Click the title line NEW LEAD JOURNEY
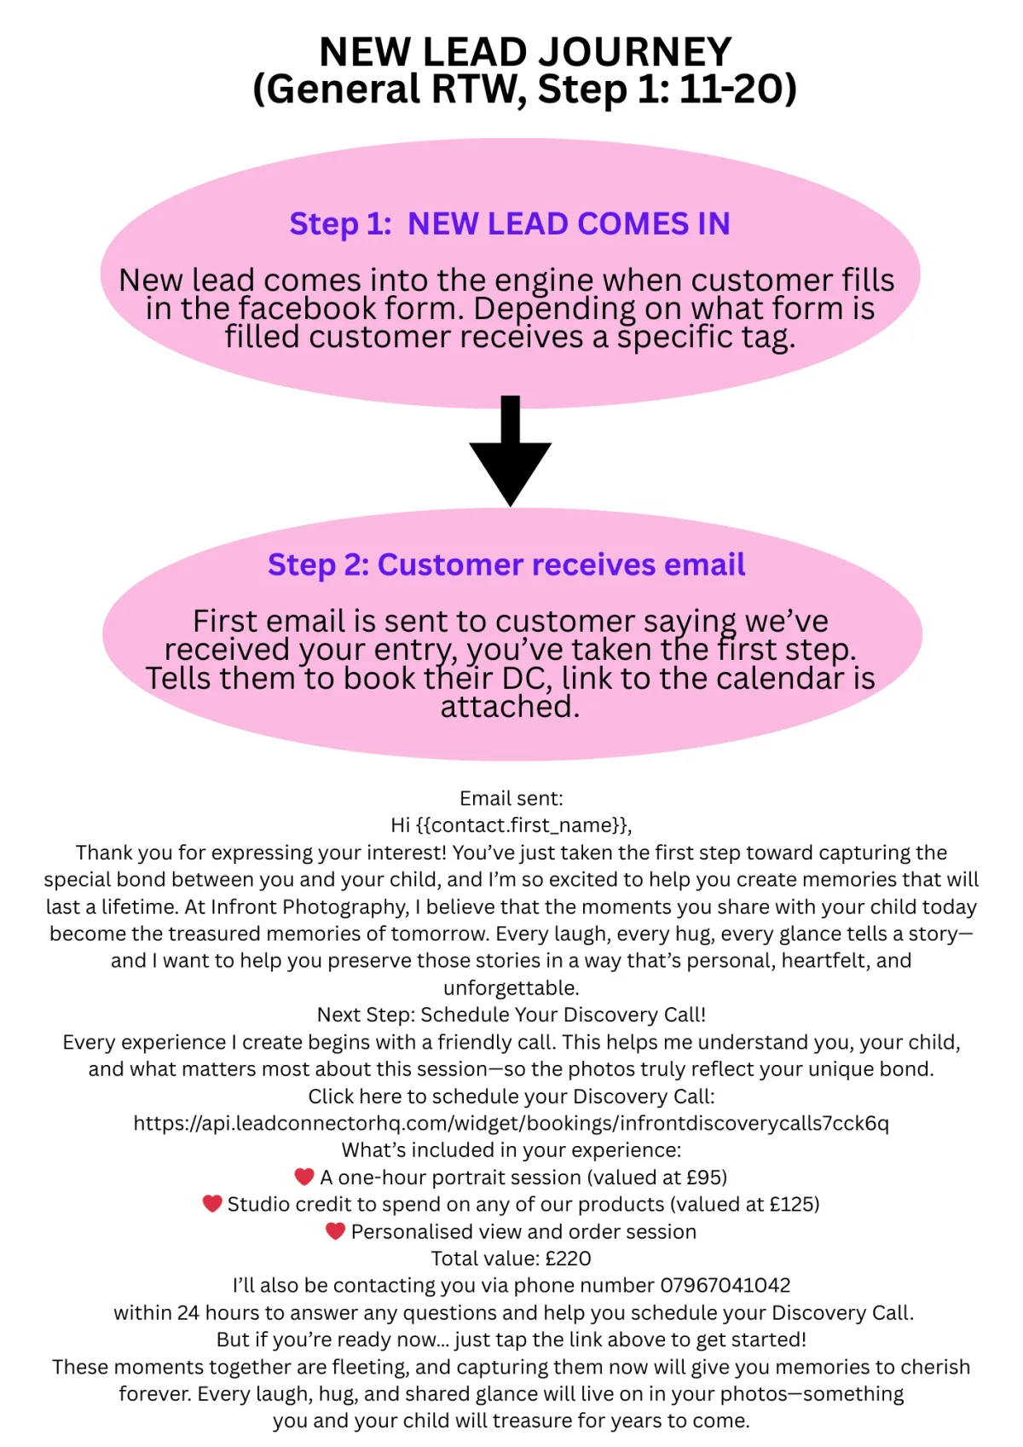(525, 52)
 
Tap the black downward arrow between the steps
(511, 452)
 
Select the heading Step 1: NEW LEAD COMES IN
(510, 223)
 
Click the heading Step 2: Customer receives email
(506, 564)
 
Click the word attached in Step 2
(509, 707)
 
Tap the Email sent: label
(511, 798)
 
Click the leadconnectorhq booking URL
(511, 1123)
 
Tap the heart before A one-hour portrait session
(304, 1177)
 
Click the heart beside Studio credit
(212, 1203)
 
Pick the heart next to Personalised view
(335, 1230)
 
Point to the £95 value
(703, 1178)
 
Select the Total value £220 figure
(568, 1259)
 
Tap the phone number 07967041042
(725, 1285)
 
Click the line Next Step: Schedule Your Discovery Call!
(511, 1015)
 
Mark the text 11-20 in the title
(731, 90)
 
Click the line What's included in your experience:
(511, 1150)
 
